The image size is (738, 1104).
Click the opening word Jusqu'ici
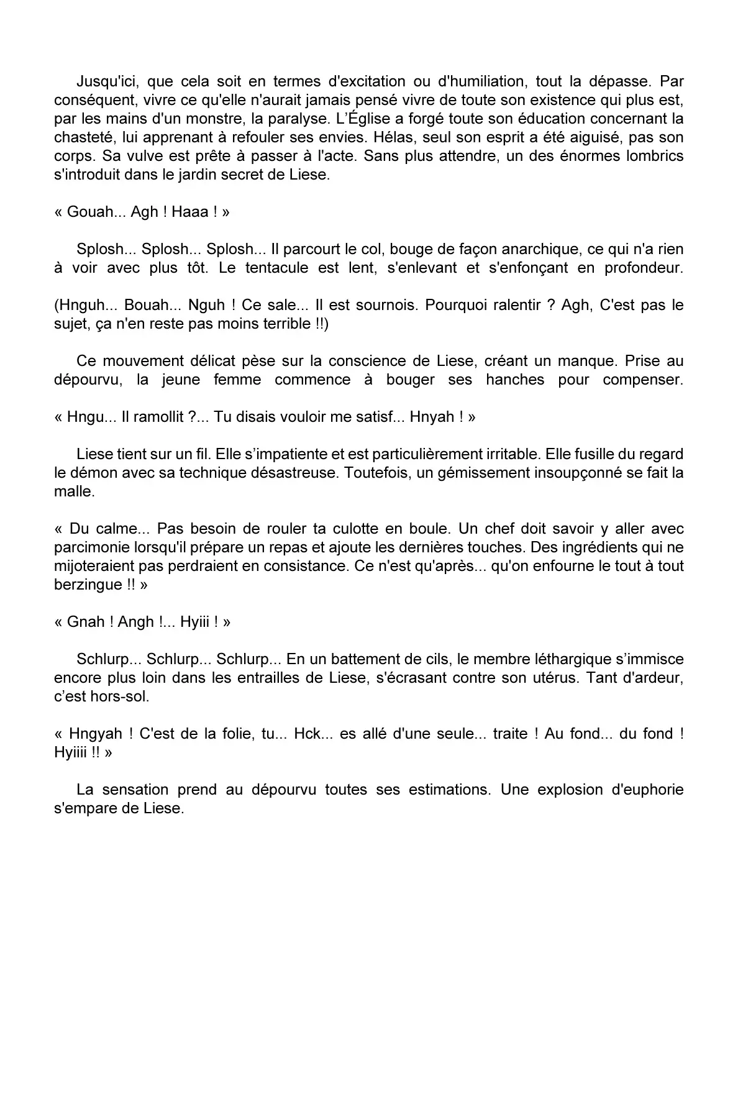click(102, 81)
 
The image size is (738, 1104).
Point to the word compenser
click(642, 380)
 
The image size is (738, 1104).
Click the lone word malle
click(73, 491)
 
